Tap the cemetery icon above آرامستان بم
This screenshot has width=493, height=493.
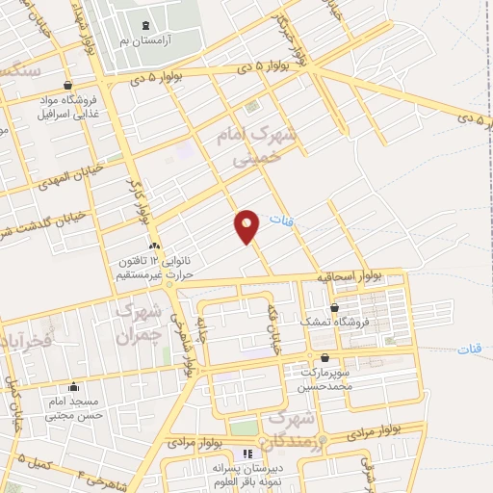(x=145, y=25)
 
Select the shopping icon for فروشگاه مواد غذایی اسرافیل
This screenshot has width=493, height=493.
(x=66, y=86)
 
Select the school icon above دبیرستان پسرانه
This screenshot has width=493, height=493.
(x=247, y=454)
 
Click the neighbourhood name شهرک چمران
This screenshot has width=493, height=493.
(x=136, y=324)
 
